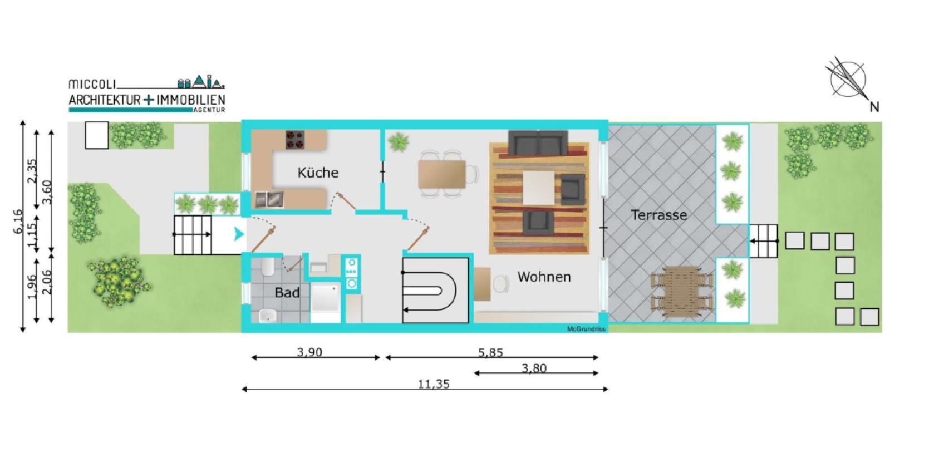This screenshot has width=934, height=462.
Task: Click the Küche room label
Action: [318, 172]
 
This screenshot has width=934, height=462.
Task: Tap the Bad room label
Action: [287, 292]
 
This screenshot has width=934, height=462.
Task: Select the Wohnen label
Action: [544, 277]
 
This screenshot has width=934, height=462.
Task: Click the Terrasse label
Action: [659, 215]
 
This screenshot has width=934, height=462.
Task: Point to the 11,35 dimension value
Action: [434, 384]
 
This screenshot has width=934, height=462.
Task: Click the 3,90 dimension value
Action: [309, 352]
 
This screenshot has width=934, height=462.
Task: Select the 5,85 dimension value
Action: [490, 353]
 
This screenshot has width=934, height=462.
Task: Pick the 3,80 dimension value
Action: [534, 368]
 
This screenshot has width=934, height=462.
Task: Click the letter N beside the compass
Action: [874, 107]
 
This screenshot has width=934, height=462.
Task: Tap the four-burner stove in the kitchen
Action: [295, 140]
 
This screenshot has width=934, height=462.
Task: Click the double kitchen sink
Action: [269, 199]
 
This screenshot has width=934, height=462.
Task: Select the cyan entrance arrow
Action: [238, 234]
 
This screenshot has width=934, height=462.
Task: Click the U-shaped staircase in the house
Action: [435, 290]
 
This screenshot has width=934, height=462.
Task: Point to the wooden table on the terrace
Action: [682, 292]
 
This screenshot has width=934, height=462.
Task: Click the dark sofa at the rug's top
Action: [538, 143]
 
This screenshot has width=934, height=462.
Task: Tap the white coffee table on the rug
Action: [539, 188]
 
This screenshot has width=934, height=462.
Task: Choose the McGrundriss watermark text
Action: [586, 329]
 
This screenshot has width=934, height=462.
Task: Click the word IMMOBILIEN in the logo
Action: [190, 100]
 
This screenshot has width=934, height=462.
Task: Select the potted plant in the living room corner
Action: [399, 142]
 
